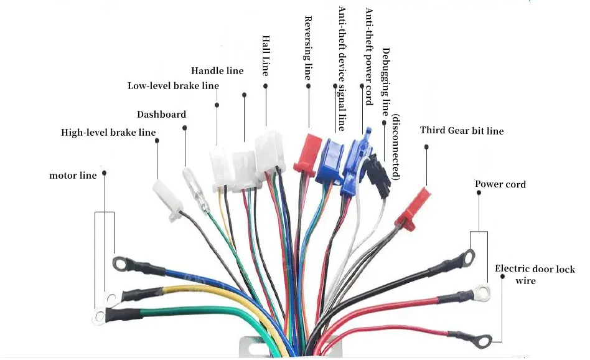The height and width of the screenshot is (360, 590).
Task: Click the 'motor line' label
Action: coord(73,176)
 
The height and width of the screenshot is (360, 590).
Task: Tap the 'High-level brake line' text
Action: coord(108,132)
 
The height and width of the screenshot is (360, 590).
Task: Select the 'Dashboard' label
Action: coord(161,115)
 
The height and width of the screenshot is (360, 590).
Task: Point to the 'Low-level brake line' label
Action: coord(173,86)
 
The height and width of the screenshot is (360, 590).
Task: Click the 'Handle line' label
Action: coord(217,71)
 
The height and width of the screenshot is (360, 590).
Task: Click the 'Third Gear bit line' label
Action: coord(462,131)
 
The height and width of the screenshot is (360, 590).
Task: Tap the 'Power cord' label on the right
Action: coord(500,184)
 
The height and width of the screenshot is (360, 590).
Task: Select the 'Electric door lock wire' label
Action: coord(535,275)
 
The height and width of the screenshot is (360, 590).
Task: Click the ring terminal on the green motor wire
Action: coord(98,317)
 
